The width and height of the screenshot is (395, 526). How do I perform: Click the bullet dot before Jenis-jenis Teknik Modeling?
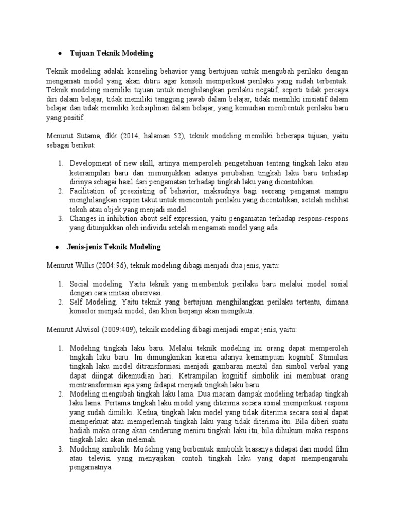(60, 248)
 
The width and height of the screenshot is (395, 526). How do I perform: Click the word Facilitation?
(88, 191)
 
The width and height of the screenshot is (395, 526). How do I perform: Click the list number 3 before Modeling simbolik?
(60, 449)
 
